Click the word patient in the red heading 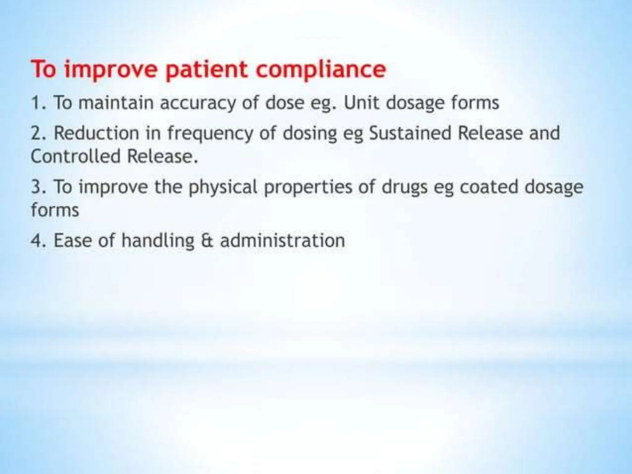pos(206,70)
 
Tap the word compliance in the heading pos(321,70)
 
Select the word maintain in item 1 pos(116,103)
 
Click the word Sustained pos(410,133)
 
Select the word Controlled pos(76,156)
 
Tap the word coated pos(489,187)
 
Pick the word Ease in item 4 pos(73,241)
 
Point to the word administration pos(282,241)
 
